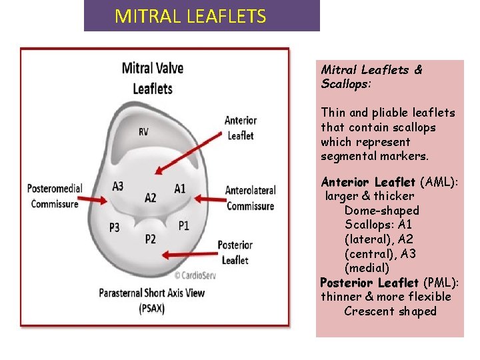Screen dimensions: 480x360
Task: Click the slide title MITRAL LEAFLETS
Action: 191,16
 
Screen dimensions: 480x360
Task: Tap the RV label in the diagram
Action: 144,132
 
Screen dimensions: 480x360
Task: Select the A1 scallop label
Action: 180,188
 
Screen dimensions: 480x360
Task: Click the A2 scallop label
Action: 151,197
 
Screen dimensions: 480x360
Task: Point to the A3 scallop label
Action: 117,186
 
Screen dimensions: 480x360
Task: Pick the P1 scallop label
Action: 184,225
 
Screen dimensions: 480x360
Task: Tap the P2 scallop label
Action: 151,239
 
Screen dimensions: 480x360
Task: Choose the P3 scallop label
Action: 115,227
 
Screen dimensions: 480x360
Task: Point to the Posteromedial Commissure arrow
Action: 97,198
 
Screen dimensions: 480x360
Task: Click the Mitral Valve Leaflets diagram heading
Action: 152,78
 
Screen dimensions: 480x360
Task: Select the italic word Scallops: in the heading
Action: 346,85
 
